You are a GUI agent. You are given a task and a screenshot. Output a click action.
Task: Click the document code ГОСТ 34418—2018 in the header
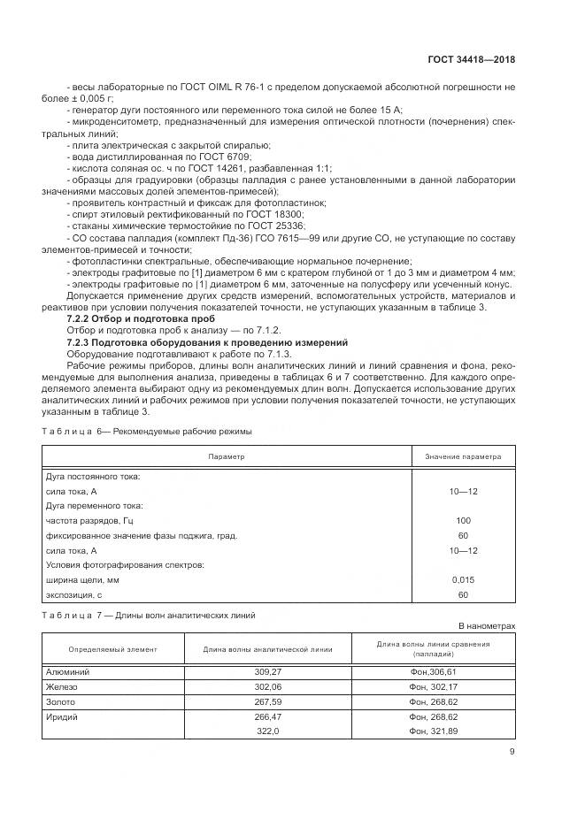471,60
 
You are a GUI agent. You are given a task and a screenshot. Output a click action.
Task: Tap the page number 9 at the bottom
512,753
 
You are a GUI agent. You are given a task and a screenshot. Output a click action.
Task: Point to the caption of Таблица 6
148,431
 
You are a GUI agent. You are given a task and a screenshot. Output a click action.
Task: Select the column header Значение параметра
463,456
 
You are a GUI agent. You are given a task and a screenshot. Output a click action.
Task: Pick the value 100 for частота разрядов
463,520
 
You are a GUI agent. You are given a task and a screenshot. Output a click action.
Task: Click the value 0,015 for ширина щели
463,579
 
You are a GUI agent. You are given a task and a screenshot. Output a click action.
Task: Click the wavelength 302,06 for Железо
267,686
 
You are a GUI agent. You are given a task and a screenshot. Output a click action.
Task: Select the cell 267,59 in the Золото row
267,701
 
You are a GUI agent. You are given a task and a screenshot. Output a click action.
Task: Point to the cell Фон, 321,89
434,731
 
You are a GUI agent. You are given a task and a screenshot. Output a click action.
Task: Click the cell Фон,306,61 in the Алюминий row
433,671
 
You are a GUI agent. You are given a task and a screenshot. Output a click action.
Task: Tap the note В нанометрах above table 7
486,625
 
